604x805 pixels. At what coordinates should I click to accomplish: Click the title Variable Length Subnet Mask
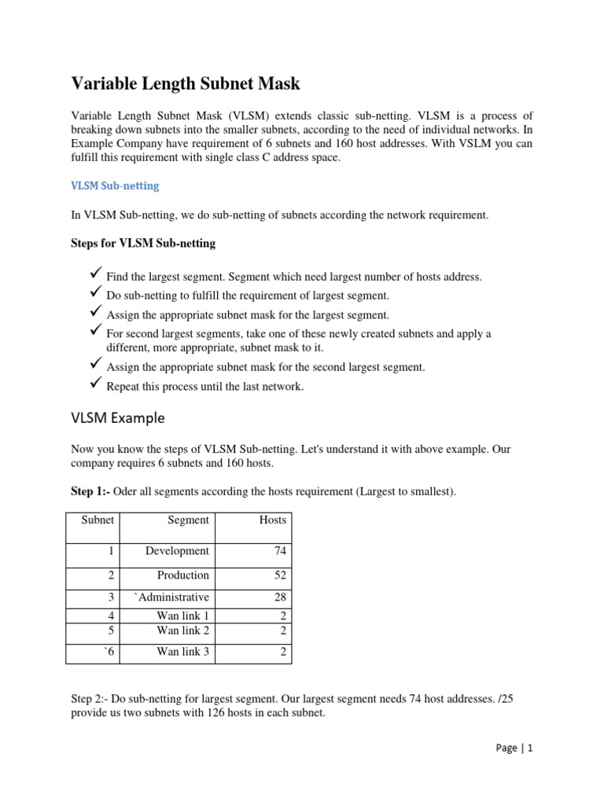click(x=186, y=83)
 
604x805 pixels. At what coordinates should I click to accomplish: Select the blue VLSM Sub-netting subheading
click(x=115, y=186)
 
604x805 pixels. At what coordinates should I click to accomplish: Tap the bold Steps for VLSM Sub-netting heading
click(x=143, y=243)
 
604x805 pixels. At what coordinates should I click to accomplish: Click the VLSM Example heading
click(x=118, y=417)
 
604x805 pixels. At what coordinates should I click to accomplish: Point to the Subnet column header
click(x=98, y=520)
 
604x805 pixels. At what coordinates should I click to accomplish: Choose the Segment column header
click(x=188, y=520)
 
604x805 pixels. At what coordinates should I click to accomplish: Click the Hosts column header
click(x=273, y=520)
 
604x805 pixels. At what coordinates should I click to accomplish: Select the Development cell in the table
click(x=177, y=551)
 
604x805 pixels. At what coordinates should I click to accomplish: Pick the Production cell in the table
click(x=182, y=575)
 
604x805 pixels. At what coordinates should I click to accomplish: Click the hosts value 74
click(x=280, y=551)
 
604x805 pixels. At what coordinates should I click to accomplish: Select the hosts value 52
click(x=280, y=575)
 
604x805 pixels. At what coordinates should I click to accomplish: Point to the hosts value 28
click(x=280, y=597)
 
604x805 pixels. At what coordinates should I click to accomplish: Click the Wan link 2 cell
click(x=182, y=630)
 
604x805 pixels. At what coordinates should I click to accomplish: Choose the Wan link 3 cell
click(x=182, y=652)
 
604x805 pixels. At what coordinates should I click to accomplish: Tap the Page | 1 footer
click(x=515, y=748)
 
